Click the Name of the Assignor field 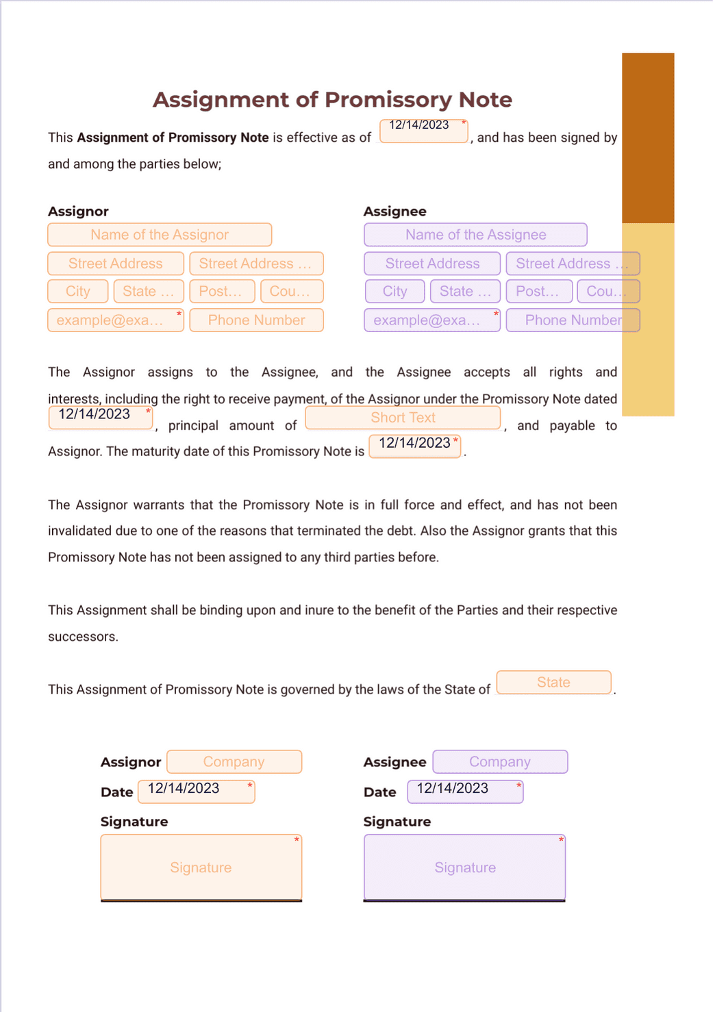pyautogui.click(x=160, y=235)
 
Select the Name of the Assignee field pyautogui.click(x=475, y=235)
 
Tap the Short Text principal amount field pyautogui.click(x=403, y=418)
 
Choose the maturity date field pyautogui.click(x=415, y=446)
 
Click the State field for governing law pyautogui.click(x=553, y=683)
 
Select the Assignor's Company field pyautogui.click(x=234, y=762)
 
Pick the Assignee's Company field pyautogui.click(x=500, y=762)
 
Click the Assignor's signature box pyautogui.click(x=201, y=867)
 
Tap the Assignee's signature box pyautogui.click(x=464, y=867)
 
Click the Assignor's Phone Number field pyautogui.click(x=256, y=320)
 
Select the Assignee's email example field pyautogui.click(x=432, y=320)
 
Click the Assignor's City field pyautogui.click(x=78, y=292)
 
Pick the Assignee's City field pyautogui.click(x=394, y=292)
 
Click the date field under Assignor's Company pyautogui.click(x=197, y=792)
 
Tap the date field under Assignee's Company pyautogui.click(x=465, y=792)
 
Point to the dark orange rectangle pyautogui.click(x=648, y=137)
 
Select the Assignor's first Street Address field pyautogui.click(x=116, y=264)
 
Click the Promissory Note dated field pyautogui.click(x=101, y=417)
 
